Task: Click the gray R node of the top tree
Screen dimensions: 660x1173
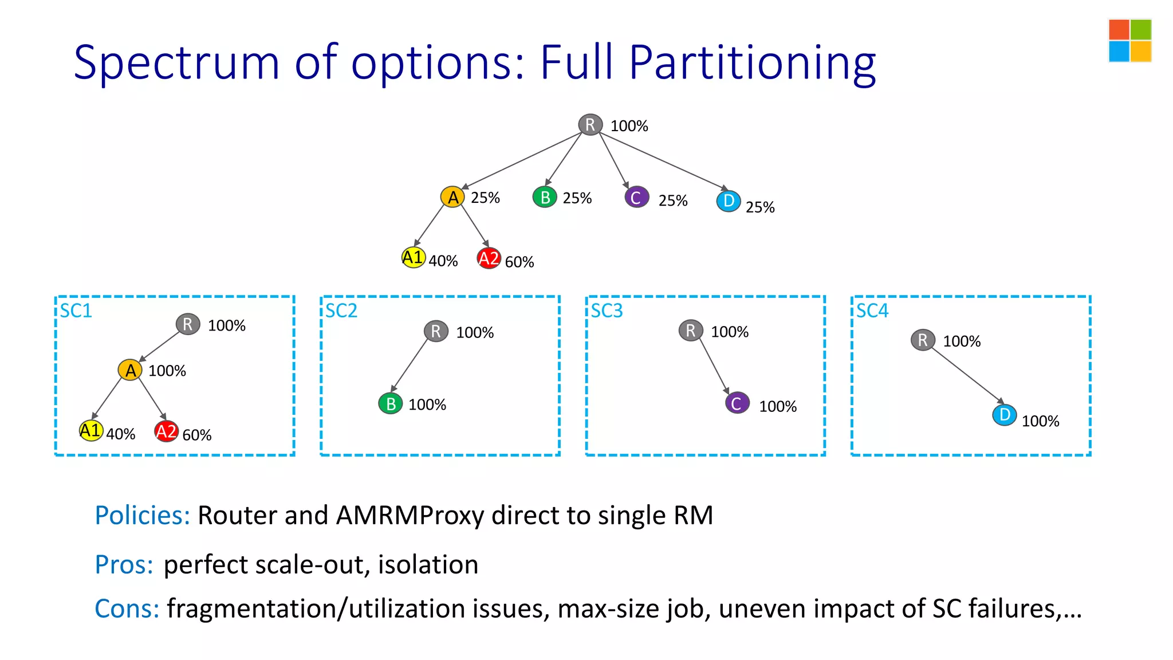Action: click(590, 124)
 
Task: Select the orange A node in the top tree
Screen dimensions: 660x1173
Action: click(452, 197)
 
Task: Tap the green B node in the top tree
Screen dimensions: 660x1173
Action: click(545, 197)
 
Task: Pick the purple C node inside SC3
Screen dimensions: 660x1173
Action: click(737, 403)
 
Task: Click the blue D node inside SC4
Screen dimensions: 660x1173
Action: click(1005, 415)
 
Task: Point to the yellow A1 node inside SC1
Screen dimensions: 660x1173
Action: click(91, 430)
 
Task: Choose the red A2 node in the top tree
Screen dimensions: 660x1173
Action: click(489, 258)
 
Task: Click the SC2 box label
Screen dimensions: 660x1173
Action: click(341, 311)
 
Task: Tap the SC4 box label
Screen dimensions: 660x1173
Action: click(872, 311)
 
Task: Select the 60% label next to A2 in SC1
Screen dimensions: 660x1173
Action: click(197, 435)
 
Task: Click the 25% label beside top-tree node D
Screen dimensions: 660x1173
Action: click(760, 207)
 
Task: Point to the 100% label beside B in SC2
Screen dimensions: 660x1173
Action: click(427, 405)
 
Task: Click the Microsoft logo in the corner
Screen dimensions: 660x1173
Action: click(1129, 41)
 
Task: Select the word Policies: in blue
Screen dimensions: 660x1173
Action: click(142, 515)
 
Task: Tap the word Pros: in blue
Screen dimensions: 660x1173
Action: click(124, 564)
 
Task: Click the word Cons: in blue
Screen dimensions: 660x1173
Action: click(127, 608)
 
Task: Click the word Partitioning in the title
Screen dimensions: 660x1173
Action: click(752, 63)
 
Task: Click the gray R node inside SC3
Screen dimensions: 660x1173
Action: click(691, 331)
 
